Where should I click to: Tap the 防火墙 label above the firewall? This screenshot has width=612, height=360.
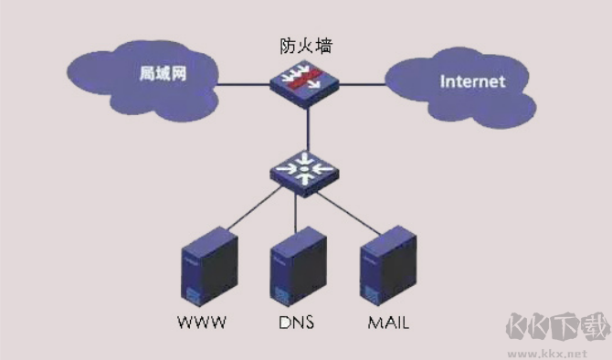click(305, 45)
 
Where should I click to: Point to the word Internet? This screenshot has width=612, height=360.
click(471, 81)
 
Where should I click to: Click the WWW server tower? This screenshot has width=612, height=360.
click(210, 265)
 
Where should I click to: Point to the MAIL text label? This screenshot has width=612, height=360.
click(387, 323)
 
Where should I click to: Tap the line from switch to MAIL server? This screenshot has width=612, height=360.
click(352, 206)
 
